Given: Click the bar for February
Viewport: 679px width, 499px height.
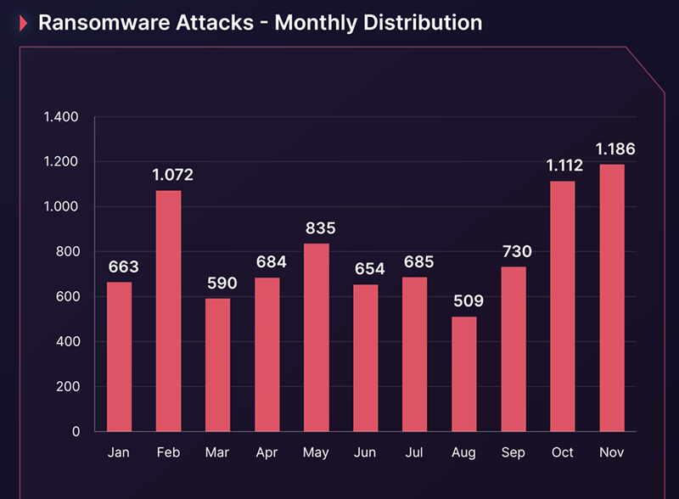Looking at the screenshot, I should coord(168,311).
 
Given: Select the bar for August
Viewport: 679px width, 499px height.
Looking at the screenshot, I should coord(463,374).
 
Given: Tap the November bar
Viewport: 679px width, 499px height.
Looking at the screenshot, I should coord(611,298).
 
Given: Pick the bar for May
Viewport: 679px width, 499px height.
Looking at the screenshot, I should coord(316,338).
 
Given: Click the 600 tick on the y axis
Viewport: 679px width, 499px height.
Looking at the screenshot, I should coord(67,297).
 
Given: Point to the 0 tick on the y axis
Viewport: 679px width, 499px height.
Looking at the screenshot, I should coord(76,432).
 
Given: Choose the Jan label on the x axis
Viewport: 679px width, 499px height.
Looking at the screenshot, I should coord(119,453).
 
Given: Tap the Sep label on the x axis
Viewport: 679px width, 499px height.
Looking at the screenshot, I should coord(513,453).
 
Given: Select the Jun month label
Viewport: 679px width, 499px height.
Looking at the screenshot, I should coord(365,453).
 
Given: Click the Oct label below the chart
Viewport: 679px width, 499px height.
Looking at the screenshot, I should coord(562,453).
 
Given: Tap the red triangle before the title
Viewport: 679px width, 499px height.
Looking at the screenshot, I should coord(23,24).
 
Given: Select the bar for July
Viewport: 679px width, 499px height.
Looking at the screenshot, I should coord(414,354).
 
